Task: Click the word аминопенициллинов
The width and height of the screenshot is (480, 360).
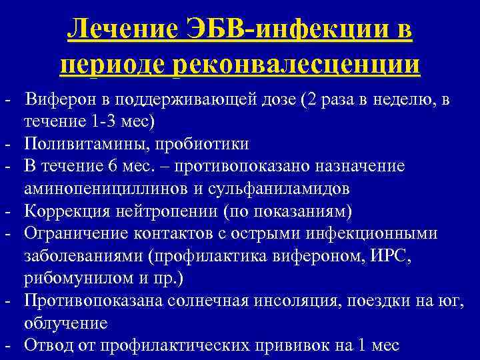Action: (106, 188)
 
